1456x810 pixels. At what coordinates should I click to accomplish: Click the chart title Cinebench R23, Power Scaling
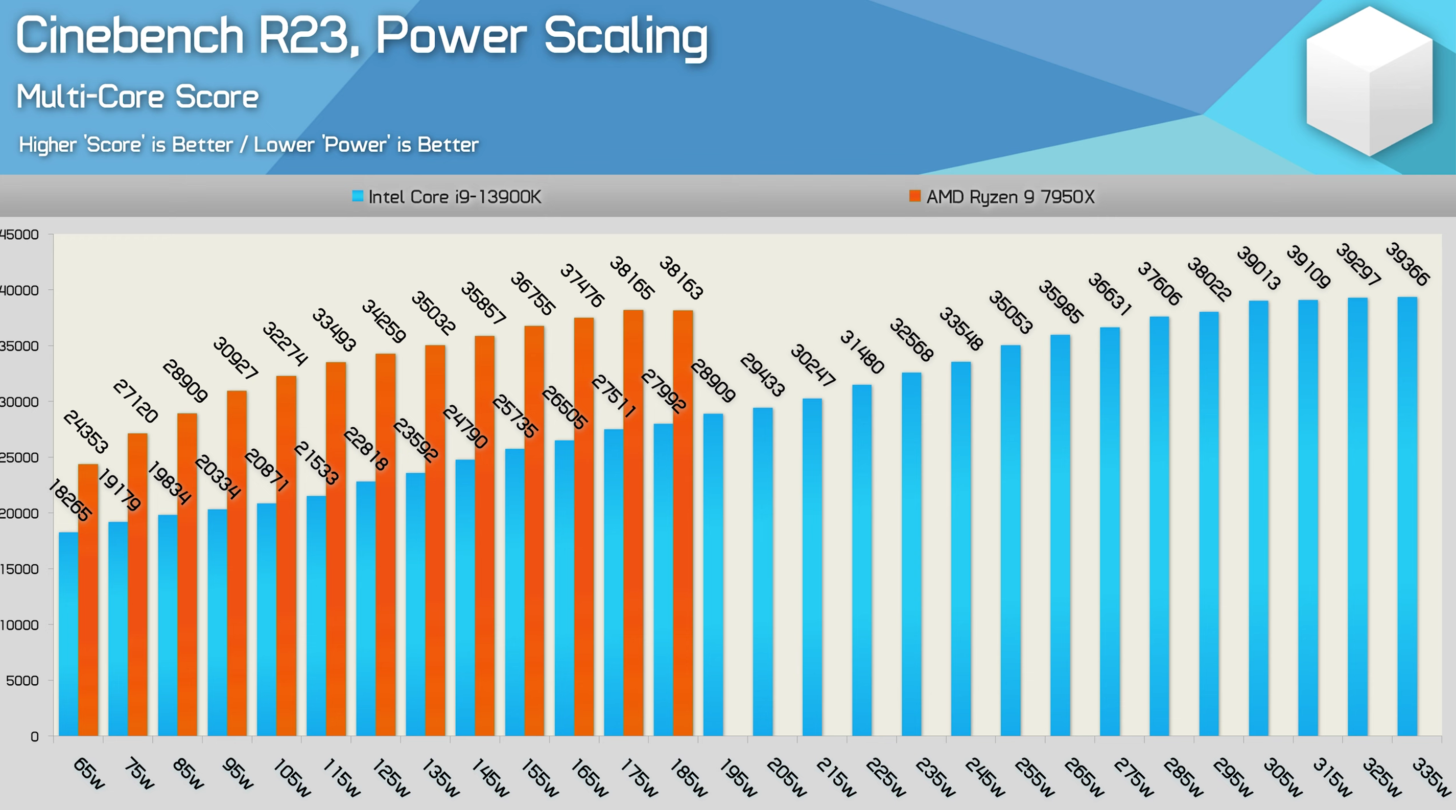pos(362,36)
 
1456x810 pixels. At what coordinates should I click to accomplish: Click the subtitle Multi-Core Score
pos(137,97)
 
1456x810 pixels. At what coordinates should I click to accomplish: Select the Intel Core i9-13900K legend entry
pos(447,197)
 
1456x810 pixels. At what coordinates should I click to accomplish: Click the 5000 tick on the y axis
pos(22,681)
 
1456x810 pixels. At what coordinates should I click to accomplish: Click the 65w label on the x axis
pos(89,773)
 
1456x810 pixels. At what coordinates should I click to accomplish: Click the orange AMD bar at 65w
pos(88,599)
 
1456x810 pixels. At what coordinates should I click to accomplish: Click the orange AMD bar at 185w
pos(683,523)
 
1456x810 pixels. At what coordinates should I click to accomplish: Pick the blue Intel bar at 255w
pos(1011,540)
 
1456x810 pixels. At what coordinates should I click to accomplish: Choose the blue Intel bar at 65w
pos(68,633)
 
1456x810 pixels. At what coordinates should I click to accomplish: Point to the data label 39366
pos(1407,264)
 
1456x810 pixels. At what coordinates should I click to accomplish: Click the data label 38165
pos(631,278)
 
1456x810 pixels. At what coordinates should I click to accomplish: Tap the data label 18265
pos(69,500)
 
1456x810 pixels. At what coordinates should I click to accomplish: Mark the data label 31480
pos(861,352)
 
